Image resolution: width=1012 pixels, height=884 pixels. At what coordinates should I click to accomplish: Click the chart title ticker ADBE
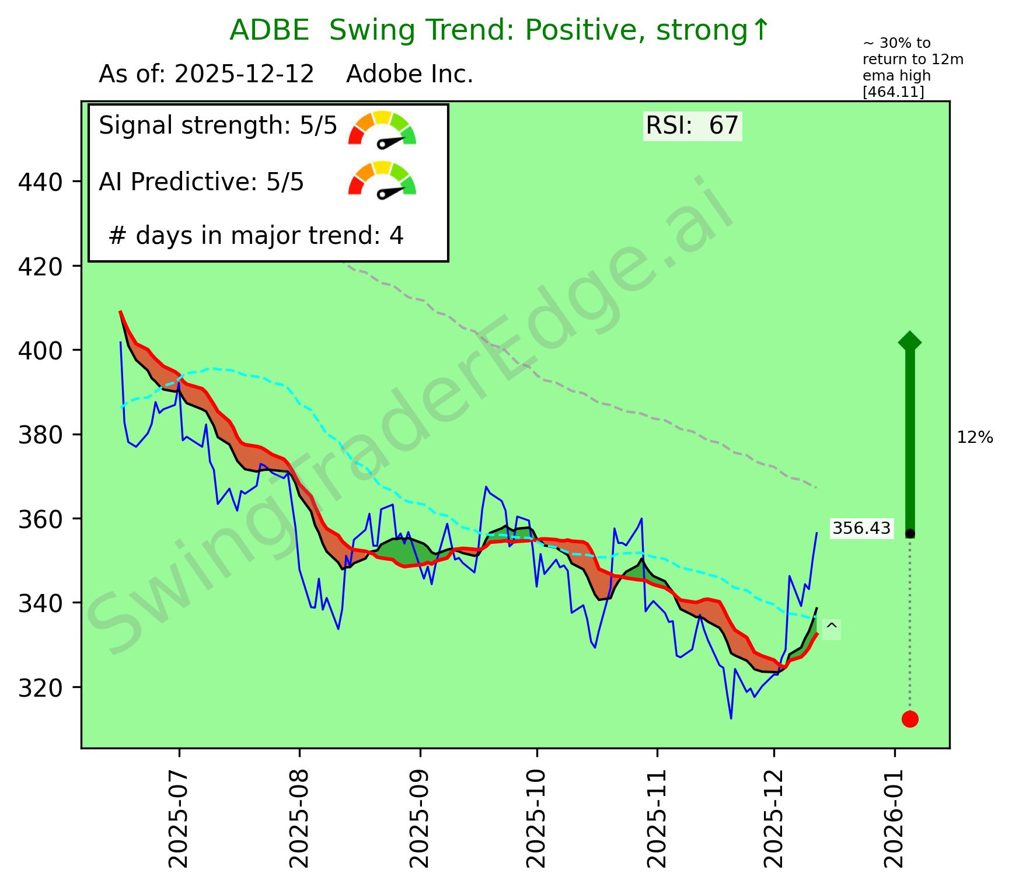(269, 30)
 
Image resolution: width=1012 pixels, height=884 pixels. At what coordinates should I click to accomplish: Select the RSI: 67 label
(692, 125)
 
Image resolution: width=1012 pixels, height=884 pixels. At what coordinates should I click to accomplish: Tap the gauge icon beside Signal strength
(382, 128)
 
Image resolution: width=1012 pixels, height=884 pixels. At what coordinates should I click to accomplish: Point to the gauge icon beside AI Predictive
(382, 179)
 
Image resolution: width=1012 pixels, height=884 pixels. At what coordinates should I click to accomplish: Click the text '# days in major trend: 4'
(256, 236)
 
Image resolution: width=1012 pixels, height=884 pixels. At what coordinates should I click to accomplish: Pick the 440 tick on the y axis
(40, 183)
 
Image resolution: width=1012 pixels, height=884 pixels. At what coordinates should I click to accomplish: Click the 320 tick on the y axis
(40, 688)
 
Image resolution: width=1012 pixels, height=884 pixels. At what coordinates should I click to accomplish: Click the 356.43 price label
(861, 529)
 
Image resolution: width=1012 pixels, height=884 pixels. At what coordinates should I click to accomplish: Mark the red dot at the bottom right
(910, 719)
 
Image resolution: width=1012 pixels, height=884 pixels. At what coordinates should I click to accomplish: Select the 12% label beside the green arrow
(975, 438)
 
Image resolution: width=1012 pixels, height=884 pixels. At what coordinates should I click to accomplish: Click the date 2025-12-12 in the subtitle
(245, 75)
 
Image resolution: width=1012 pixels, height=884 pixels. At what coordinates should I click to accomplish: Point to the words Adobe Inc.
(409, 75)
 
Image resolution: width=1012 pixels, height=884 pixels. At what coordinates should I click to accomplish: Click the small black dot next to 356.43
(910, 534)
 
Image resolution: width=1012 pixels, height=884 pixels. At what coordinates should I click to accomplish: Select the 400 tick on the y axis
(40, 351)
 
